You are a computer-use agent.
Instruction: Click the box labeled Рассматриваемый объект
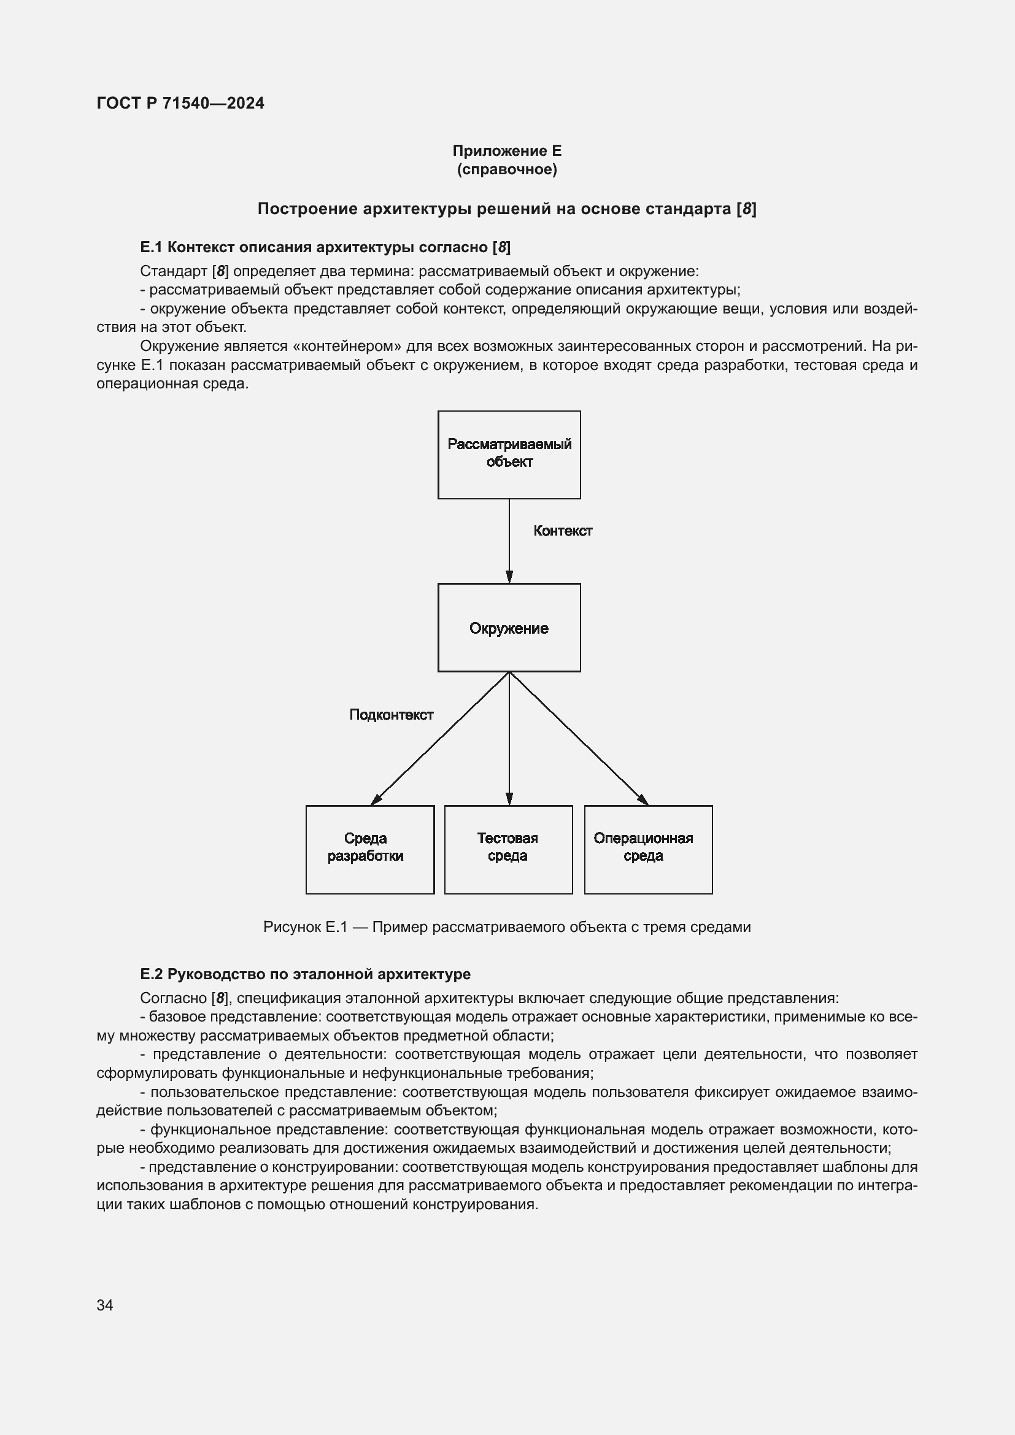coord(509,455)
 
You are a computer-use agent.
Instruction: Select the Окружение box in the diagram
coord(509,628)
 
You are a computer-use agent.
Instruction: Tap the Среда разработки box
coord(369,849)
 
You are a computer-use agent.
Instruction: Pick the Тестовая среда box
coord(508,849)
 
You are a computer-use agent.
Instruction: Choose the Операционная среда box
coord(648,849)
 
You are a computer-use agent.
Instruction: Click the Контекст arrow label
coord(563,531)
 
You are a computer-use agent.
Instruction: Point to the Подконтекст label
coord(392,714)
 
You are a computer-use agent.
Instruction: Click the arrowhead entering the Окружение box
coord(509,577)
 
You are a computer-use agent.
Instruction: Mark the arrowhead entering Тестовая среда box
coord(509,799)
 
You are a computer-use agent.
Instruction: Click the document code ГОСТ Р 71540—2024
coord(180,103)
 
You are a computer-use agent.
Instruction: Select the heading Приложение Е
coord(507,151)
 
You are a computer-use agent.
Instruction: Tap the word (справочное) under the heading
coord(507,169)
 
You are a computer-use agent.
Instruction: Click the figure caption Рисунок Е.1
coord(305,926)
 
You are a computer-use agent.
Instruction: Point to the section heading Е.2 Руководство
coord(306,974)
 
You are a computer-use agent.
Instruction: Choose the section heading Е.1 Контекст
coord(325,247)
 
